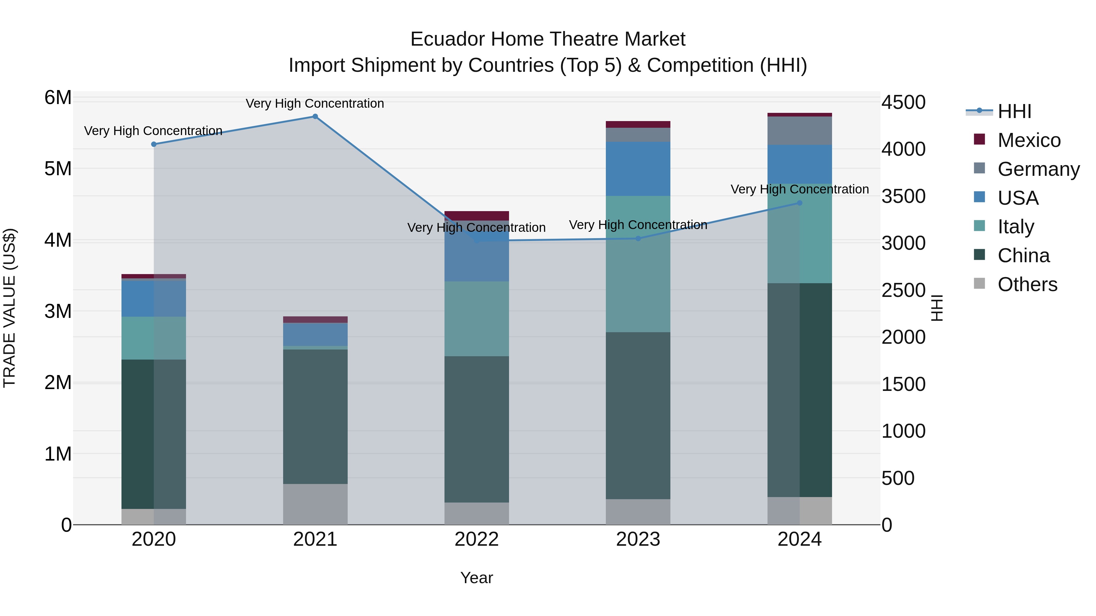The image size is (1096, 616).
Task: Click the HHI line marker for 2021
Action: coord(315,117)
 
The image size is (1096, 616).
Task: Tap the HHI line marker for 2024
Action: coord(799,203)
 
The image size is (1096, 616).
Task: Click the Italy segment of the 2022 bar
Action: coord(476,318)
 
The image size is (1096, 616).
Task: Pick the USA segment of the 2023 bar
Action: coord(638,169)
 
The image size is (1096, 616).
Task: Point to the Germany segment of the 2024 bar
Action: coord(799,131)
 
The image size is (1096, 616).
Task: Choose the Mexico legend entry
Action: coord(1029,140)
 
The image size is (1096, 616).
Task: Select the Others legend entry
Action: coord(1027,284)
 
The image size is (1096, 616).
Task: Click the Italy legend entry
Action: coord(1016,227)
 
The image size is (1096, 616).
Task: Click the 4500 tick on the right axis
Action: coord(903,103)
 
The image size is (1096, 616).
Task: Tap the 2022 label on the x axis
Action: coord(476,539)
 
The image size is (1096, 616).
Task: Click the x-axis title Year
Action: coord(476,578)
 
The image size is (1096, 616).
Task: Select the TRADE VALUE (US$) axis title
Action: coord(9,308)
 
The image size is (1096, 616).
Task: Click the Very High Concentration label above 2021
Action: coord(315,103)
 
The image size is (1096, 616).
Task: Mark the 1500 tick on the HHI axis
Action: coord(903,384)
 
